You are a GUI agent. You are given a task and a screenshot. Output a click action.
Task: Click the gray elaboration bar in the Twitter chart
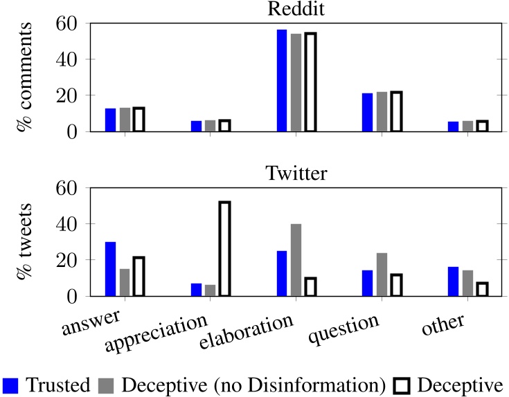point(296,260)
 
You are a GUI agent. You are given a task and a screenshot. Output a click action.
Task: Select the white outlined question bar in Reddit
point(396,111)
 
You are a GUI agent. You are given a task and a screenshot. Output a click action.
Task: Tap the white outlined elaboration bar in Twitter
point(310,287)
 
